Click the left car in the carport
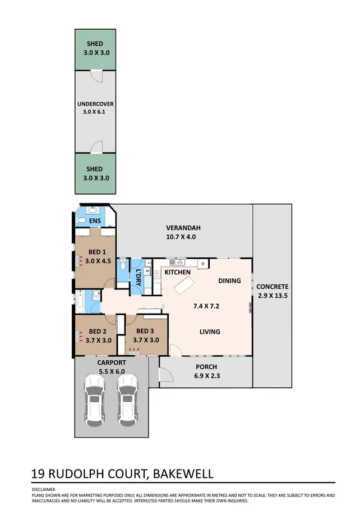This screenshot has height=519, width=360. (x=94, y=399)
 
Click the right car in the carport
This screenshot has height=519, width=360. (x=127, y=399)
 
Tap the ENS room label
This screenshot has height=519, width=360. (x=95, y=222)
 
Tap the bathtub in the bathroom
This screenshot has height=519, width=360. (x=81, y=301)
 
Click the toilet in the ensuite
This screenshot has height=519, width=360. (x=82, y=221)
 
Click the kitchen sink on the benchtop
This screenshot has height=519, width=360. (x=178, y=262)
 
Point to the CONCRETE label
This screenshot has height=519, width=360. (x=272, y=287)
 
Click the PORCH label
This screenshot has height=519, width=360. (x=206, y=367)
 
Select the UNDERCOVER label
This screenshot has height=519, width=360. (x=95, y=104)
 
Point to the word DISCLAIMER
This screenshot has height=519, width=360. (x=44, y=489)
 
